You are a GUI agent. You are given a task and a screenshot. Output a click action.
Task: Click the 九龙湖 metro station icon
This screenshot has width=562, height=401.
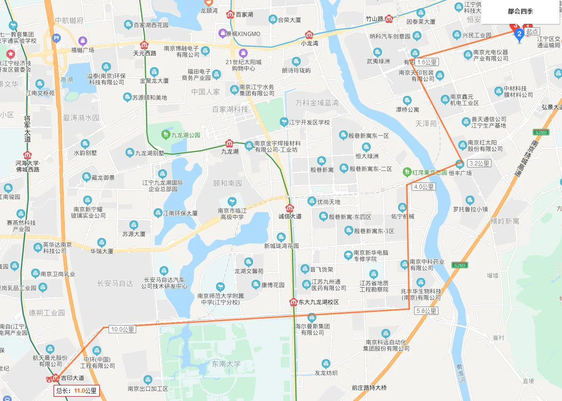point(229,144)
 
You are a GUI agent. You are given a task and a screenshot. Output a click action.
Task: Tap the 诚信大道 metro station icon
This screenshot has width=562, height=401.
point(290,208)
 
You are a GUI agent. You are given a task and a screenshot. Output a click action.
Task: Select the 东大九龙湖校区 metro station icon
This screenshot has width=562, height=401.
point(293,302)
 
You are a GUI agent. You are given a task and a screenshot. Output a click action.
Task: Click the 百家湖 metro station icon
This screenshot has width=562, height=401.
point(230,15)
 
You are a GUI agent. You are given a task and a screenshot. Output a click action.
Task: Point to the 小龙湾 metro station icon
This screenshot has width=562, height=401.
point(309,35)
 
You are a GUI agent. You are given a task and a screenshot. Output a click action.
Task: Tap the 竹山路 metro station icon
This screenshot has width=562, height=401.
point(389,19)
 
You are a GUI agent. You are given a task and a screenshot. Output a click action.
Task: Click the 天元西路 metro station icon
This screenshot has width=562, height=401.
point(145,45)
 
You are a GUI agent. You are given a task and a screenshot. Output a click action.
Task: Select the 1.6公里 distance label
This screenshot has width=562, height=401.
point(427,62)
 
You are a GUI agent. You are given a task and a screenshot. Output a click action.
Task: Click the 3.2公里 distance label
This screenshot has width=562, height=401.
point(479,164)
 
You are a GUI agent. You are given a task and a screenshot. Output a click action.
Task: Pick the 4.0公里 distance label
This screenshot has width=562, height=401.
point(424,186)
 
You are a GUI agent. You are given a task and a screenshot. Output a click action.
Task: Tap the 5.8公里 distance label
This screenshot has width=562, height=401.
point(426,310)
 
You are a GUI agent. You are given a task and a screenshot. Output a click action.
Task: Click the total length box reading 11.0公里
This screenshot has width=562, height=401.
point(77,390)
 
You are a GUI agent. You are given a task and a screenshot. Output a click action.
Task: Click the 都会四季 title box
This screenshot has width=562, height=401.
point(520,12)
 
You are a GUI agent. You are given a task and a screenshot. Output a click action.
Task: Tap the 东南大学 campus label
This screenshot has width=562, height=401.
point(226,364)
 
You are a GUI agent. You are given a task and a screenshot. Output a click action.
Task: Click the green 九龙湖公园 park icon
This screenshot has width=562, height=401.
point(166,135)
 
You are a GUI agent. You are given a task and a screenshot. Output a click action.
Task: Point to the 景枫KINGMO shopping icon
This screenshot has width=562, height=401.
point(222,33)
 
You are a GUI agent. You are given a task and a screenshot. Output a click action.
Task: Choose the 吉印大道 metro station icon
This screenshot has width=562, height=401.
point(55,378)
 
